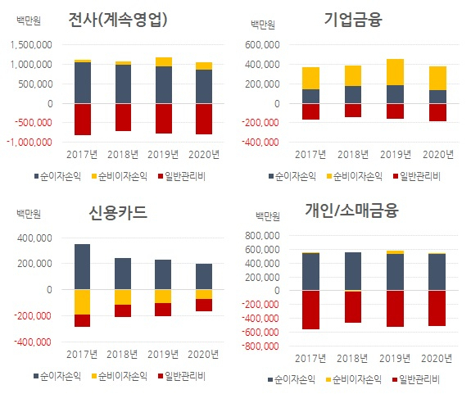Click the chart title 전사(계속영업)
pyautogui.click(x=118, y=20)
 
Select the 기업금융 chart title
pyautogui.click(x=353, y=20)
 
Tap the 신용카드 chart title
pyautogui.click(x=118, y=213)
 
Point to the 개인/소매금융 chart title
pyautogui.click(x=351, y=210)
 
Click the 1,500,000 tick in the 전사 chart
pyautogui.click(x=31, y=45)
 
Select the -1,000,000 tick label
pyautogui.click(x=29, y=143)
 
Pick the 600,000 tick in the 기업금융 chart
pyautogui.click(x=262, y=45)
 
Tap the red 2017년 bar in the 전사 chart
pyautogui.click(x=83, y=120)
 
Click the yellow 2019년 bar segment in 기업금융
pyautogui.click(x=395, y=72)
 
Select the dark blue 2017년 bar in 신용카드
pyautogui.click(x=82, y=267)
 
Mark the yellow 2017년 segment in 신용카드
pyautogui.click(x=82, y=302)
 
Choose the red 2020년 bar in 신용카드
pyautogui.click(x=204, y=305)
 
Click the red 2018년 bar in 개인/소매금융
pyautogui.click(x=353, y=307)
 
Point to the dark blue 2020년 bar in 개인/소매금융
pyautogui.click(x=437, y=272)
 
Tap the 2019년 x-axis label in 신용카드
pyautogui.click(x=163, y=355)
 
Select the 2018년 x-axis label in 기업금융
pyautogui.click(x=353, y=155)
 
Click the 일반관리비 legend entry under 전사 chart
pyautogui.click(x=182, y=176)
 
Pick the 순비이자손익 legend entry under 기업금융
pyautogui.click(x=355, y=176)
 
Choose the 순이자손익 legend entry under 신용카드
pyautogui.click(x=57, y=376)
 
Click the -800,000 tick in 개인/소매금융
pyautogui.click(x=260, y=346)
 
